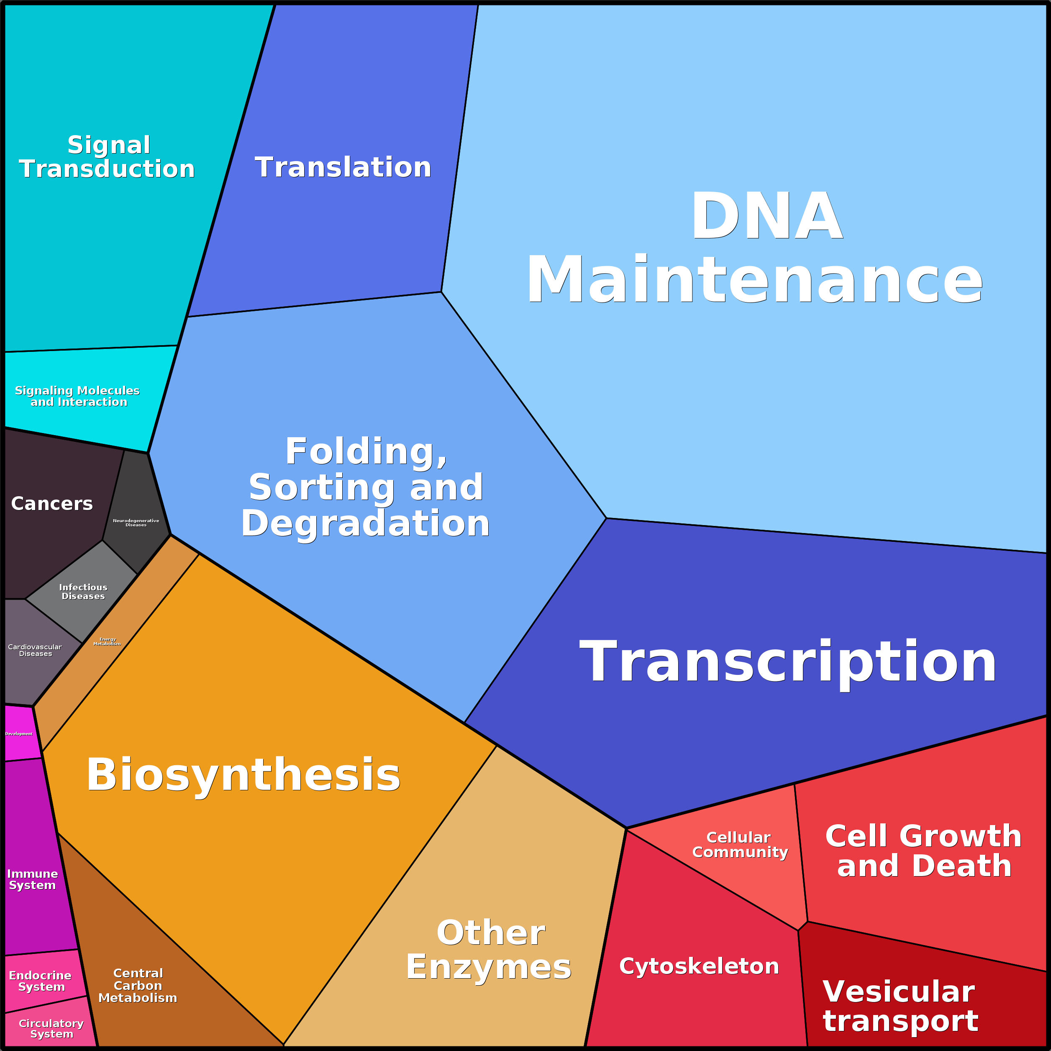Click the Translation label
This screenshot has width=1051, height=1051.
pyautogui.click(x=343, y=167)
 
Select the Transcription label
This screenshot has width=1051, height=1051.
pyautogui.click(x=788, y=662)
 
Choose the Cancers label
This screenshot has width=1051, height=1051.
pyautogui.click(x=52, y=504)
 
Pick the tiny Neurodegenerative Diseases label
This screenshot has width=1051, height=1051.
pyautogui.click(x=136, y=523)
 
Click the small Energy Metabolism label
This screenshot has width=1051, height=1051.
pyautogui.click(x=107, y=641)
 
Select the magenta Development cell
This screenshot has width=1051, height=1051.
pyautogui.click(x=19, y=734)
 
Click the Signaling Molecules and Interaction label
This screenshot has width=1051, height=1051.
pyautogui.click(x=78, y=396)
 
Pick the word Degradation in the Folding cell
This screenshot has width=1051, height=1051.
pyautogui.click(x=366, y=523)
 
